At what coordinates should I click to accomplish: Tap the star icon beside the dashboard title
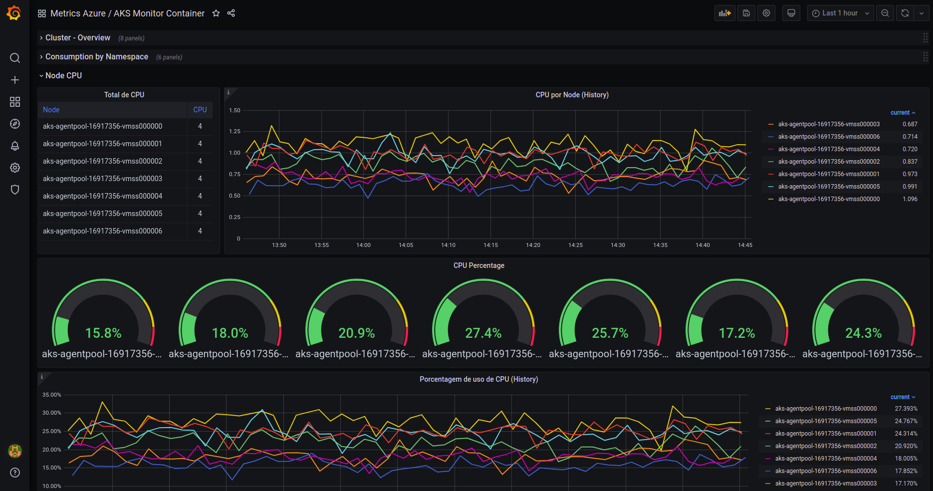pyautogui.click(x=216, y=13)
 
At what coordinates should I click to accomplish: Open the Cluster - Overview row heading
pyautogui.click(x=78, y=38)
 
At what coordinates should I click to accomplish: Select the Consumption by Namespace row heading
pyautogui.click(x=97, y=57)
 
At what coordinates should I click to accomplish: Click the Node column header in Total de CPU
pyautogui.click(x=51, y=110)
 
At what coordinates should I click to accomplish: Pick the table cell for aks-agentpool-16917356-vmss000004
pyautogui.click(x=102, y=196)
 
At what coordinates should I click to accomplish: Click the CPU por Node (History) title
pyautogui.click(x=572, y=95)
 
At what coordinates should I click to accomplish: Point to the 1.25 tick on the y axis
pyautogui.click(x=234, y=131)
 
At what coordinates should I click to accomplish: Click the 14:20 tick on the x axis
pyautogui.click(x=533, y=245)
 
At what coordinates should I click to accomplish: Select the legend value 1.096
pyautogui.click(x=910, y=199)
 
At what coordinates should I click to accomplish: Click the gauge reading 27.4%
pyautogui.click(x=483, y=333)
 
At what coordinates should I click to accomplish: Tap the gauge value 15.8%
pyautogui.click(x=103, y=333)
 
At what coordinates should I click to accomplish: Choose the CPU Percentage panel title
pyautogui.click(x=479, y=265)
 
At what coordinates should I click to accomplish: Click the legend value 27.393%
pyautogui.click(x=906, y=409)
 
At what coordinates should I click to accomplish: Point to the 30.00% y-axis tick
pyautogui.click(x=52, y=413)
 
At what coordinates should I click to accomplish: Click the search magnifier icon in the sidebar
pyautogui.click(x=15, y=58)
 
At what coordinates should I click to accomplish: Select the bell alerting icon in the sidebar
pyautogui.click(x=15, y=146)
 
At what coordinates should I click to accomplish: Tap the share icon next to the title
pyautogui.click(x=231, y=13)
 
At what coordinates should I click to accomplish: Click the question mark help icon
pyautogui.click(x=15, y=473)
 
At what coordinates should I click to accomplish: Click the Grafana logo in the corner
pyautogui.click(x=14, y=13)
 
